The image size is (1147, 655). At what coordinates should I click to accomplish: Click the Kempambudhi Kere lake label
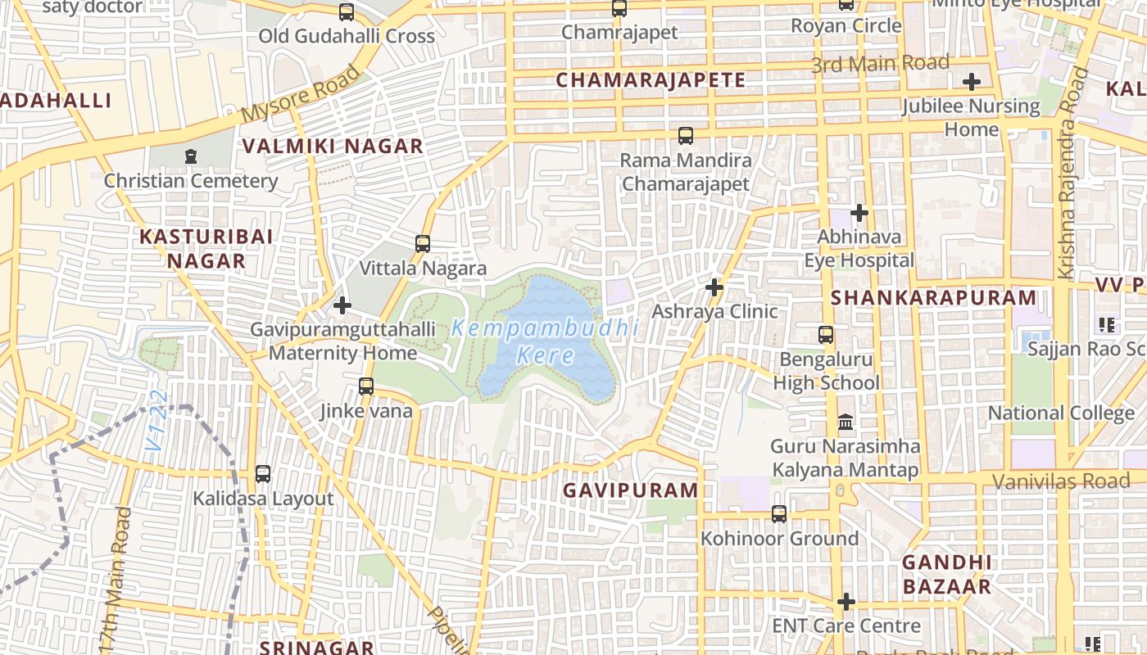545,342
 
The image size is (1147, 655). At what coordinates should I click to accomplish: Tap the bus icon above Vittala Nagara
423,243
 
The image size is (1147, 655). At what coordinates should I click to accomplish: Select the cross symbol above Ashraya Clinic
714,287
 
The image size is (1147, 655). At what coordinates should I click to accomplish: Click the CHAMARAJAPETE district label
651,80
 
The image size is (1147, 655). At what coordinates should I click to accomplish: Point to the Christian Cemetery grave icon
191,156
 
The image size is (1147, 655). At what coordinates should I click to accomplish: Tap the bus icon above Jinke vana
366,386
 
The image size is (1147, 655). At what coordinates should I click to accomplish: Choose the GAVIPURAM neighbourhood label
630,490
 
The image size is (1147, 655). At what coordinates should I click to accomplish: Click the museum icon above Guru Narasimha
846,422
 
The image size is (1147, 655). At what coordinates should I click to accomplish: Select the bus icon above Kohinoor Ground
779,514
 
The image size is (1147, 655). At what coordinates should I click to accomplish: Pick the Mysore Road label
301,94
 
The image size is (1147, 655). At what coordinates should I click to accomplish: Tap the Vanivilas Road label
1061,481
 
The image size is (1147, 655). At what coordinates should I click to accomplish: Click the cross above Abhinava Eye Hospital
859,213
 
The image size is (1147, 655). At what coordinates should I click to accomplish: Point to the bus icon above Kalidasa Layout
263,473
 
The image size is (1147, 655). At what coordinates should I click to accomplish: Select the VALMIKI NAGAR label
333,147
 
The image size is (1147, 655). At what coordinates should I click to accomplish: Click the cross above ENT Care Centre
846,602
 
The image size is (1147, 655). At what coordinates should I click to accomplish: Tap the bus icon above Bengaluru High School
826,335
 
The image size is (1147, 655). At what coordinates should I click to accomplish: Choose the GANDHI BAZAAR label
947,575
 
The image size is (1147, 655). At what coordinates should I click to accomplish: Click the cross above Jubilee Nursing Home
972,82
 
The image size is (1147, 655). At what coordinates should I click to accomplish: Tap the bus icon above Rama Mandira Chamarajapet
686,135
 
